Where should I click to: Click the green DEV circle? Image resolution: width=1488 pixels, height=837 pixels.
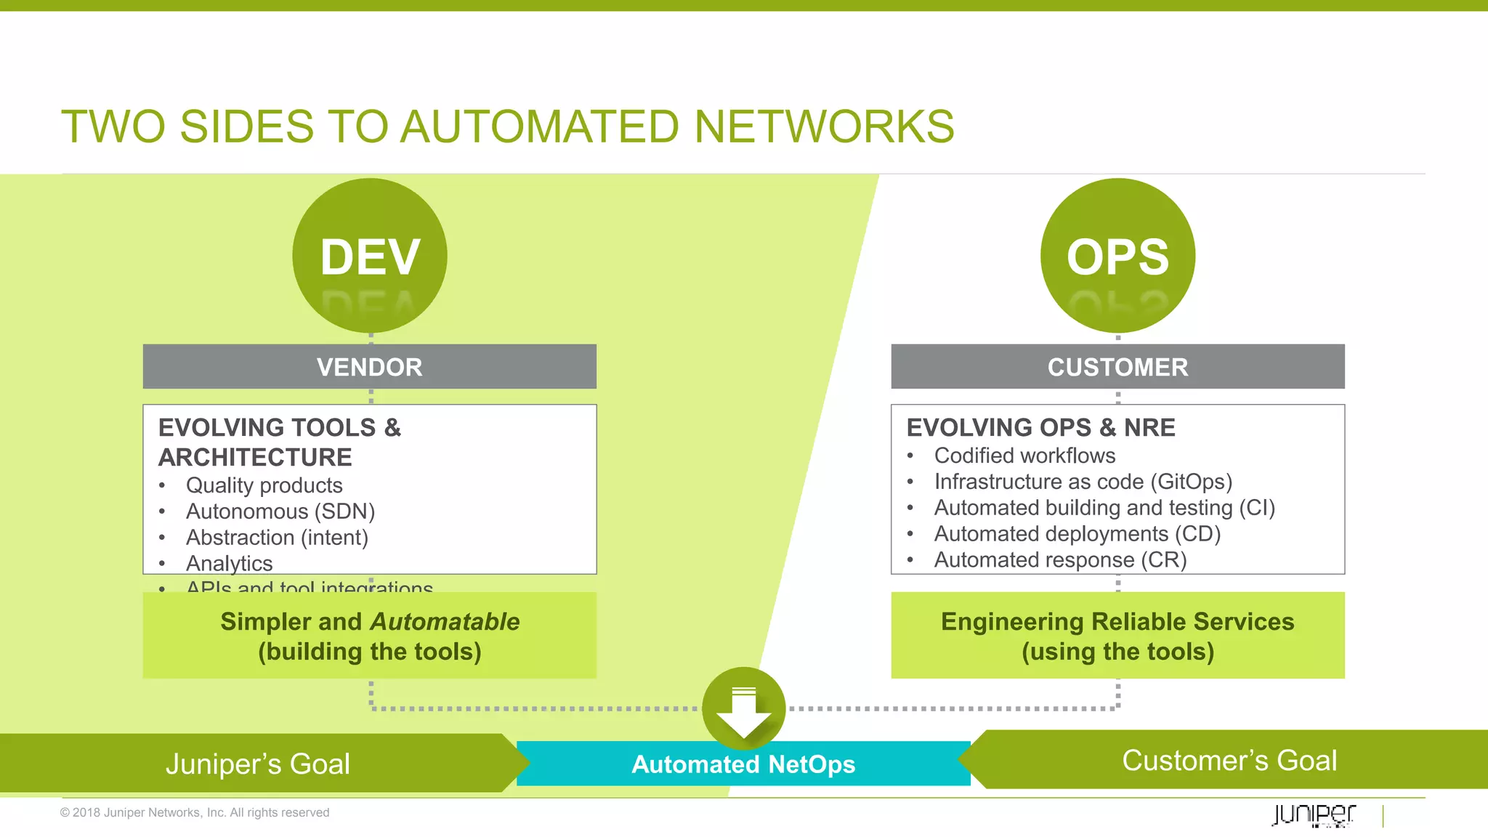coord(370,256)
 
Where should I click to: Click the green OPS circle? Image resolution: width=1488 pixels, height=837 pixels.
coord(1117,256)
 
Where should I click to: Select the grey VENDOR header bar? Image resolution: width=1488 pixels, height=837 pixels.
coord(369,367)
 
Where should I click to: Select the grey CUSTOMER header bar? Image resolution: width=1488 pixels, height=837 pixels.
coord(1117,367)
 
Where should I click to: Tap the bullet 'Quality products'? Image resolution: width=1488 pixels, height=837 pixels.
coord(264,485)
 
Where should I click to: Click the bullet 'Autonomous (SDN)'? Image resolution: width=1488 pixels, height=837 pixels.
coord(280,511)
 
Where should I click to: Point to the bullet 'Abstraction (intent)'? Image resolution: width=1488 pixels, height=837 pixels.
coord(277,538)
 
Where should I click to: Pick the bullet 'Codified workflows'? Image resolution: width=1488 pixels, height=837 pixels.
coord(1024,456)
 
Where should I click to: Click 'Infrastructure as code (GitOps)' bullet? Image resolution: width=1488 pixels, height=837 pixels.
coord(1083,482)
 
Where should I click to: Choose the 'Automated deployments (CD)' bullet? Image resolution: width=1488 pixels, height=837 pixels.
coord(1077,534)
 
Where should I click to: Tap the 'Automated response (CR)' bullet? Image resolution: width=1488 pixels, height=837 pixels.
coord(1060,560)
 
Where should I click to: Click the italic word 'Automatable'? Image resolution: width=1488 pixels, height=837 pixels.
coord(445,622)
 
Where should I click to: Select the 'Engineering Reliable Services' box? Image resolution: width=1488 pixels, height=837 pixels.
coord(1117,635)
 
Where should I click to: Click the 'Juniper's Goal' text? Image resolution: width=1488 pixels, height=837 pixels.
coord(258,764)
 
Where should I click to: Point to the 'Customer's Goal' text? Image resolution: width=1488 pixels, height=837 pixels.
coord(1229,761)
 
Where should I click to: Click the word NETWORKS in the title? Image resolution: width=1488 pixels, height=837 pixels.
coord(824,127)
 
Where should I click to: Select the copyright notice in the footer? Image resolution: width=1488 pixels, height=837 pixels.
coord(195,812)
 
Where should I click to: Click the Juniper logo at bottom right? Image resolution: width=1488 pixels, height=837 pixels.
coord(1314,814)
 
